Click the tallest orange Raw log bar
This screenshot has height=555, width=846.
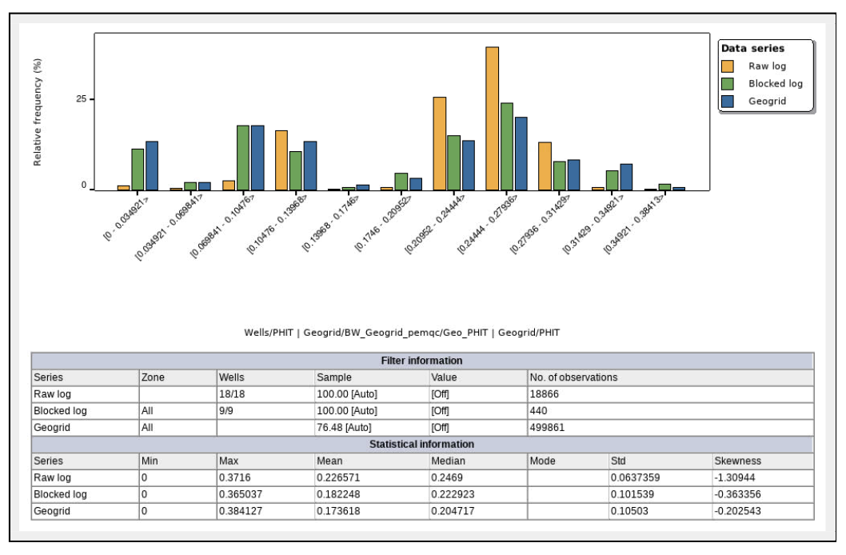click(x=492, y=118)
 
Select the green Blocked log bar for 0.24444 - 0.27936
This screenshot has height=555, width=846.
click(x=506, y=146)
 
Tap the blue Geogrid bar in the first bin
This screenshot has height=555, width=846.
click(x=152, y=166)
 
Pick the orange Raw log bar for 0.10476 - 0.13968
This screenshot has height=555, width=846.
click(x=281, y=160)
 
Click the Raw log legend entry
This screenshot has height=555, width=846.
click(x=766, y=66)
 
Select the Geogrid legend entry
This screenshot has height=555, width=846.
click(x=766, y=102)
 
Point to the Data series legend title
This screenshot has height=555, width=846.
click(x=752, y=49)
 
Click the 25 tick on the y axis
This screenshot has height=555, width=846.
click(x=80, y=99)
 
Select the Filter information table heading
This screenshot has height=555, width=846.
click(x=422, y=361)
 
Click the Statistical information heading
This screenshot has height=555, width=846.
click(x=422, y=444)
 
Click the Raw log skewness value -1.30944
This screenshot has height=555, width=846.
click(x=737, y=477)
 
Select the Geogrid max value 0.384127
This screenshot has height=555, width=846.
click(x=242, y=511)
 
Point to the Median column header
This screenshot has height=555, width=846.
click(x=448, y=461)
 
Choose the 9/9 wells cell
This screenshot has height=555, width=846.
click(x=229, y=410)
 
